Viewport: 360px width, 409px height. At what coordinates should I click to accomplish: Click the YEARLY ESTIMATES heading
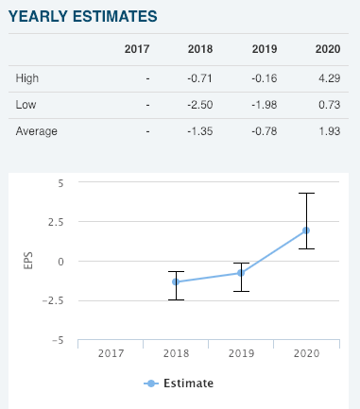(83, 17)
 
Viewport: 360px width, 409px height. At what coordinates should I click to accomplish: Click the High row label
(27, 77)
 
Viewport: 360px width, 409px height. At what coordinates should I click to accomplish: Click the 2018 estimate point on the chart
(176, 281)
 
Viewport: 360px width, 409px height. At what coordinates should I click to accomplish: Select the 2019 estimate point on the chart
(241, 273)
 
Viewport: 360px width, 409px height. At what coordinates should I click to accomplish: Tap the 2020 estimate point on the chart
(306, 230)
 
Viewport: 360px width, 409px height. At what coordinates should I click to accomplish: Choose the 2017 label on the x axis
(111, 352)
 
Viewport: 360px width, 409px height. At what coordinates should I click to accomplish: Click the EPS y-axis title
(27, 262)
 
